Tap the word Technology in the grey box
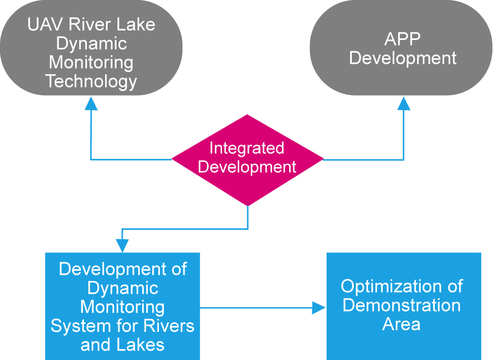[x=91, y=81]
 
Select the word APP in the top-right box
[x=402, y=39]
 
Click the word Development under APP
[x=403, y=58]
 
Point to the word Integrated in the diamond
[x=247, y=148]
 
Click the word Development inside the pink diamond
[x=247, y=167]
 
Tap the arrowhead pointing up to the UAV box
[x=91, y=104]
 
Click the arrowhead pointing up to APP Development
[x=404, y=104]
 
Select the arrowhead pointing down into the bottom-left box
[x=122, y=246]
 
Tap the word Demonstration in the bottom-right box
[x=402, y=305]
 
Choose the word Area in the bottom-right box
[x=401, y=324]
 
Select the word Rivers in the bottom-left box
[x=169, y=326]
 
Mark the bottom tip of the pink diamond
[x=248, y=206]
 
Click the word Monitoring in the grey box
[x=91, y=63]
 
